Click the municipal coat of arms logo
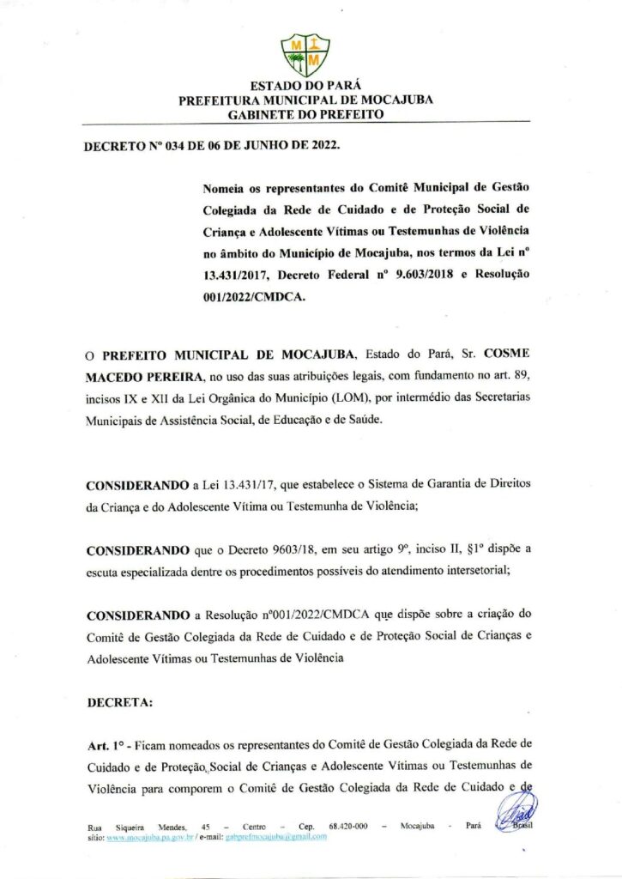(x=305, y=53)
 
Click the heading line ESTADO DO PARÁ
(x=305, y=86)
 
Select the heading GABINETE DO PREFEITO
(x=305, y=114)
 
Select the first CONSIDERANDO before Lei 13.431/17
(x=138, y=485)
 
